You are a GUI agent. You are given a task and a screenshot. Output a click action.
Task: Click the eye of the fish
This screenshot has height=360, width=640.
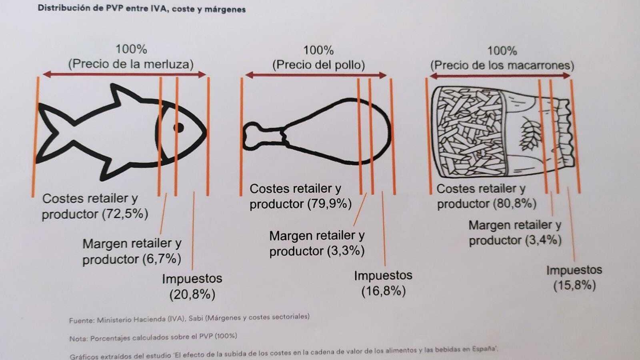pos(178,128)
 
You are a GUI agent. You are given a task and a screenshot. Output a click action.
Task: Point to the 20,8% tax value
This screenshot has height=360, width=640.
pos(192,294)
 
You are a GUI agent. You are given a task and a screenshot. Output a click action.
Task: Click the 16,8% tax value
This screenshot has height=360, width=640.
pos(384,291)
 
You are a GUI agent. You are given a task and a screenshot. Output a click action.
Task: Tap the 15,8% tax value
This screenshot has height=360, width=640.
pos(574,286)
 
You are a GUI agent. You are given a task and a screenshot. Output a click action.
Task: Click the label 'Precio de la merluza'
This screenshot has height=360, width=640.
pos(131,64)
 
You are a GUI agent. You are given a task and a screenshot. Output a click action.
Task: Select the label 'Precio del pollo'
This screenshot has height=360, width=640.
pos(318,65)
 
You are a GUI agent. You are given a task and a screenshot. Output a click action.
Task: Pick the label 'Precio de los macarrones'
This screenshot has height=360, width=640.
pos(502,66)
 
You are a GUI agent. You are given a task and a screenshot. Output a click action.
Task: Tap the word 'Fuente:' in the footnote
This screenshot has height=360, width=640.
pos(82,320)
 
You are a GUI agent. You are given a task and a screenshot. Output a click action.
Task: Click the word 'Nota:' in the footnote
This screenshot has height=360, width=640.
pos(78,339)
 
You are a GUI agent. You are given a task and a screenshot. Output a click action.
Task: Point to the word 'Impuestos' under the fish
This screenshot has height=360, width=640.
pos(192,278)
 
